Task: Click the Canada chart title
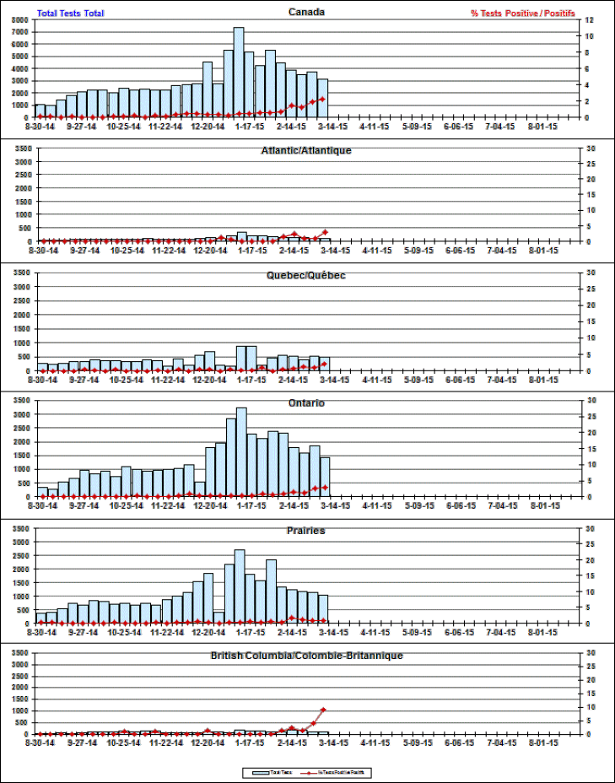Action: click(307, 12)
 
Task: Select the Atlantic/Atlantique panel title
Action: click(307, 150)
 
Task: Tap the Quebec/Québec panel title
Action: click(307, 275)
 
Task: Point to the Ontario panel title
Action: click(307, 402)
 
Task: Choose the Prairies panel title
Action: click(307, 530)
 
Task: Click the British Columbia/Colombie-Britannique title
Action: click(307, 655)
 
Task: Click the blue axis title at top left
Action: click(71, 13)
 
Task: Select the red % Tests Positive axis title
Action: click(524, 13)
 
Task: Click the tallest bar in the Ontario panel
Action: click(241, 452)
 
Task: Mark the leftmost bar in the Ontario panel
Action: click(42, 492)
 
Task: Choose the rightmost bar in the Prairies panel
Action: click(323, 609)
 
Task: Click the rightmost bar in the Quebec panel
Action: click(324, 364)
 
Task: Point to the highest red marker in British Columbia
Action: click(323, 710)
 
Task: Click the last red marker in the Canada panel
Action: click(323, 100)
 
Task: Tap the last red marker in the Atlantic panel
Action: click(325, 232)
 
